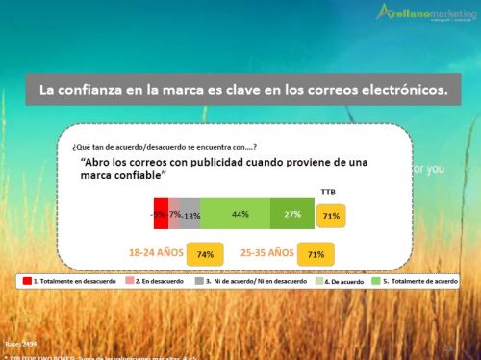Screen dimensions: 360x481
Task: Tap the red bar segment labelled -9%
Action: [161, 214]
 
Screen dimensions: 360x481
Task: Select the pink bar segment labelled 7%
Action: [175, 214]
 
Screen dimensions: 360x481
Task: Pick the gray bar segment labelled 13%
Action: [191, 214]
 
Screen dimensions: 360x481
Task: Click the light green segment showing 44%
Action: [235, 214]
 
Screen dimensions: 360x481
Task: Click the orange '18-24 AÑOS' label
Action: [156, 252]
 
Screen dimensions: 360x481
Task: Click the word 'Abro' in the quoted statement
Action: [100, 165]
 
